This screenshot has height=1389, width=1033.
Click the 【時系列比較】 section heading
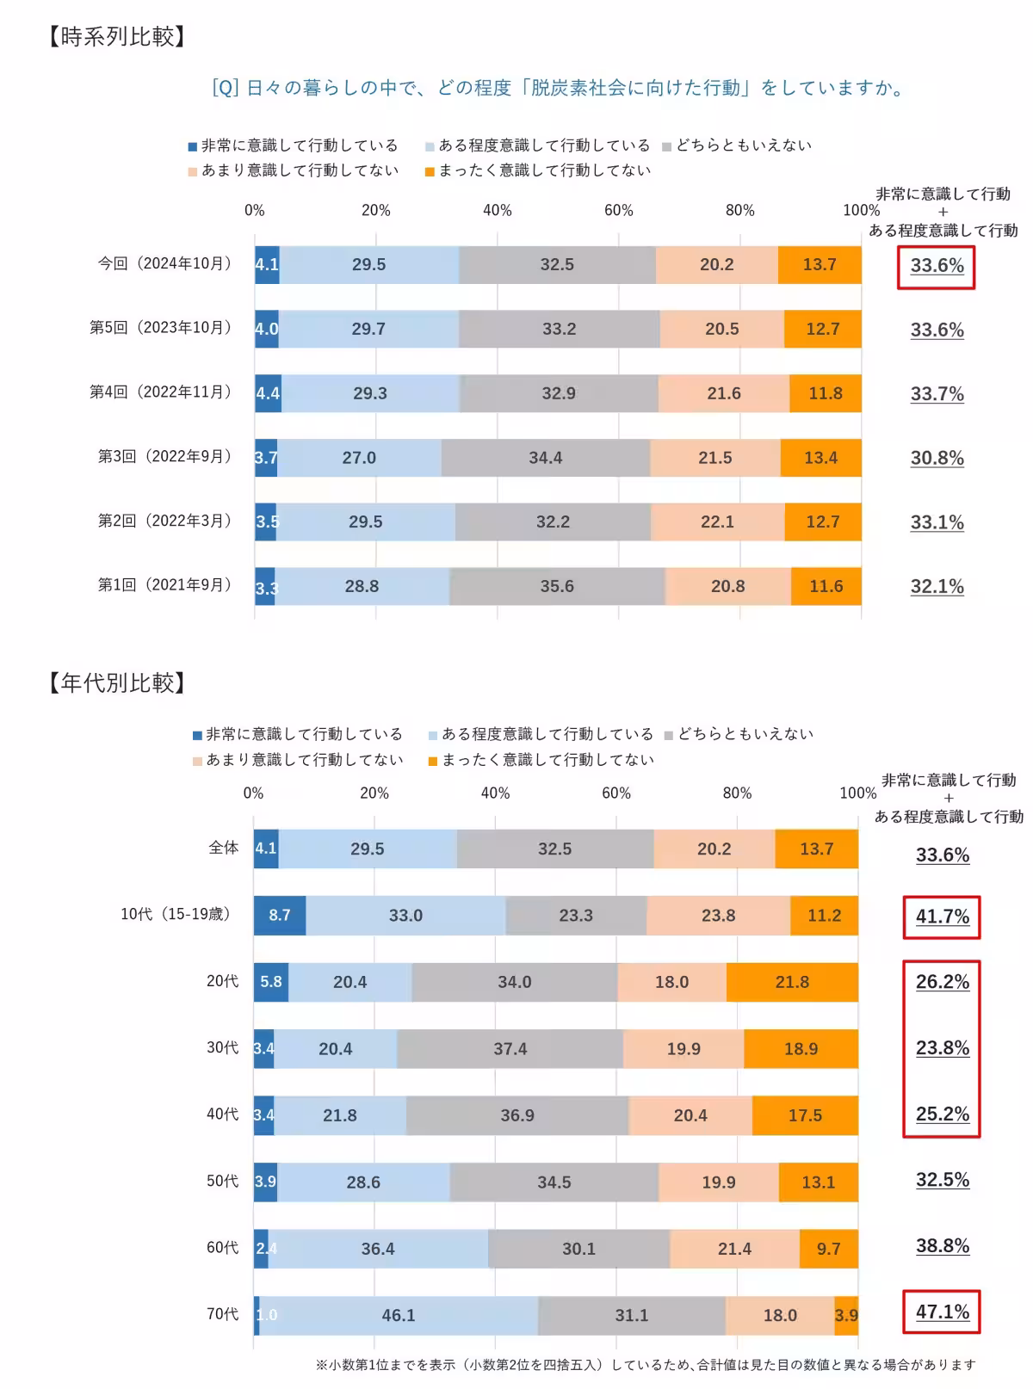(x=117, y=37)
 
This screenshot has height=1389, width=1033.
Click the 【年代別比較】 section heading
(x=117, y=682)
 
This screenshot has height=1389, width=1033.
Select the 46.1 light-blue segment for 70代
(x=399, y=1315)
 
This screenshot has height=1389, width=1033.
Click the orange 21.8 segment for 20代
(x=792, y=982)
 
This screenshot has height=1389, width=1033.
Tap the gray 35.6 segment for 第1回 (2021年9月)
(x=557, y=586)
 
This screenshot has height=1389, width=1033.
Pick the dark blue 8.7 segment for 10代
(x=279, y=915)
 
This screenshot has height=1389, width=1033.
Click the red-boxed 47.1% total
(x=942, y=1312)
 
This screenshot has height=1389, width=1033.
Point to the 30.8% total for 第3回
(x=937, y=458)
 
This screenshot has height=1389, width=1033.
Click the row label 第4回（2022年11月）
(x=162, y=392)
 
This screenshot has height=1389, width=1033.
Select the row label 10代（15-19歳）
(x=176, y=914)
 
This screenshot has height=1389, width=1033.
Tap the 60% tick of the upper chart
(x=618, y=210)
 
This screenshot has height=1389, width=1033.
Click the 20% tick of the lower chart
(x=374, y=793)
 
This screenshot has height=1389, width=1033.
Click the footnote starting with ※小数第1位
(x=646, y=1364)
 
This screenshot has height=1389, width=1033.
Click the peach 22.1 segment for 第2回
(x=717, y=522)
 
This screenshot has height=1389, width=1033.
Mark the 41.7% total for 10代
(x=942, y=917)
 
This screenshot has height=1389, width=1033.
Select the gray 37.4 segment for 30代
(x=510, y=1048)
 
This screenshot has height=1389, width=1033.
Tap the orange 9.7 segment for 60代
(x=828, y=1249)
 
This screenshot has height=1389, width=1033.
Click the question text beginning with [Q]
(x=560, y=88)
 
